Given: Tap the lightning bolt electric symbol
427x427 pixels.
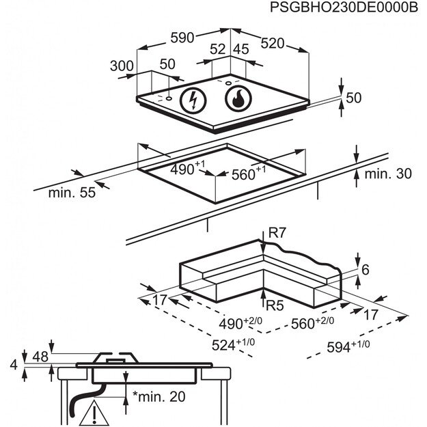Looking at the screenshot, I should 193,101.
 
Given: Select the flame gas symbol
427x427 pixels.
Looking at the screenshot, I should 238,100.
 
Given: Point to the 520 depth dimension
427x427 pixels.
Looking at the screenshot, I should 272,43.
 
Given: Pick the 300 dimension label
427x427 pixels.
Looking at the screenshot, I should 122,66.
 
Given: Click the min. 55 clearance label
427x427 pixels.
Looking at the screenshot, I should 71,193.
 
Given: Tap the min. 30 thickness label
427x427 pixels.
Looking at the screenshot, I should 388,174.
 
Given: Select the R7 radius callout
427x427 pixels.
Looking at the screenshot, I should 277,234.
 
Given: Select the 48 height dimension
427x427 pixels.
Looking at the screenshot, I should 41,357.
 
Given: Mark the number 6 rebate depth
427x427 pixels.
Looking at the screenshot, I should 366,270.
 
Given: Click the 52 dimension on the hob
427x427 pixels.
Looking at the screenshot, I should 217,49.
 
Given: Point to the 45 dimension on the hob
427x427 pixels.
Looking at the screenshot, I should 240,49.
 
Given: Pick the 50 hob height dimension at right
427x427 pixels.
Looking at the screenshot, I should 353,98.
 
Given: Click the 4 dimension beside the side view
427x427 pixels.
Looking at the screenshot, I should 14,365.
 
